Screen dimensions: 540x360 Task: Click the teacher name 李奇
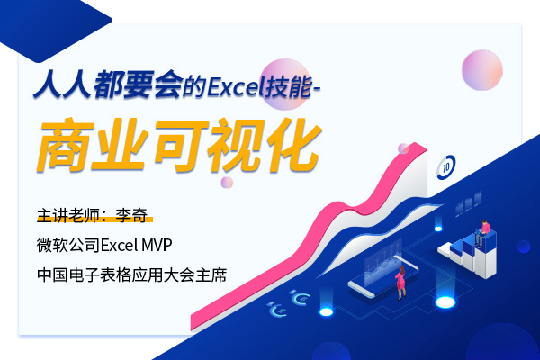point(131,215)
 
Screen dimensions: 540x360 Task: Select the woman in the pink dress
point(400,283)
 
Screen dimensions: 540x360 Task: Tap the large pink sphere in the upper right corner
point(481,70)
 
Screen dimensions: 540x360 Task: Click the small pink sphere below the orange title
point(227,182)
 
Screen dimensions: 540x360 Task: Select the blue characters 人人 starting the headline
point(62,85)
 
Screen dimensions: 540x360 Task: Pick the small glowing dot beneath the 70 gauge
point(438,229)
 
